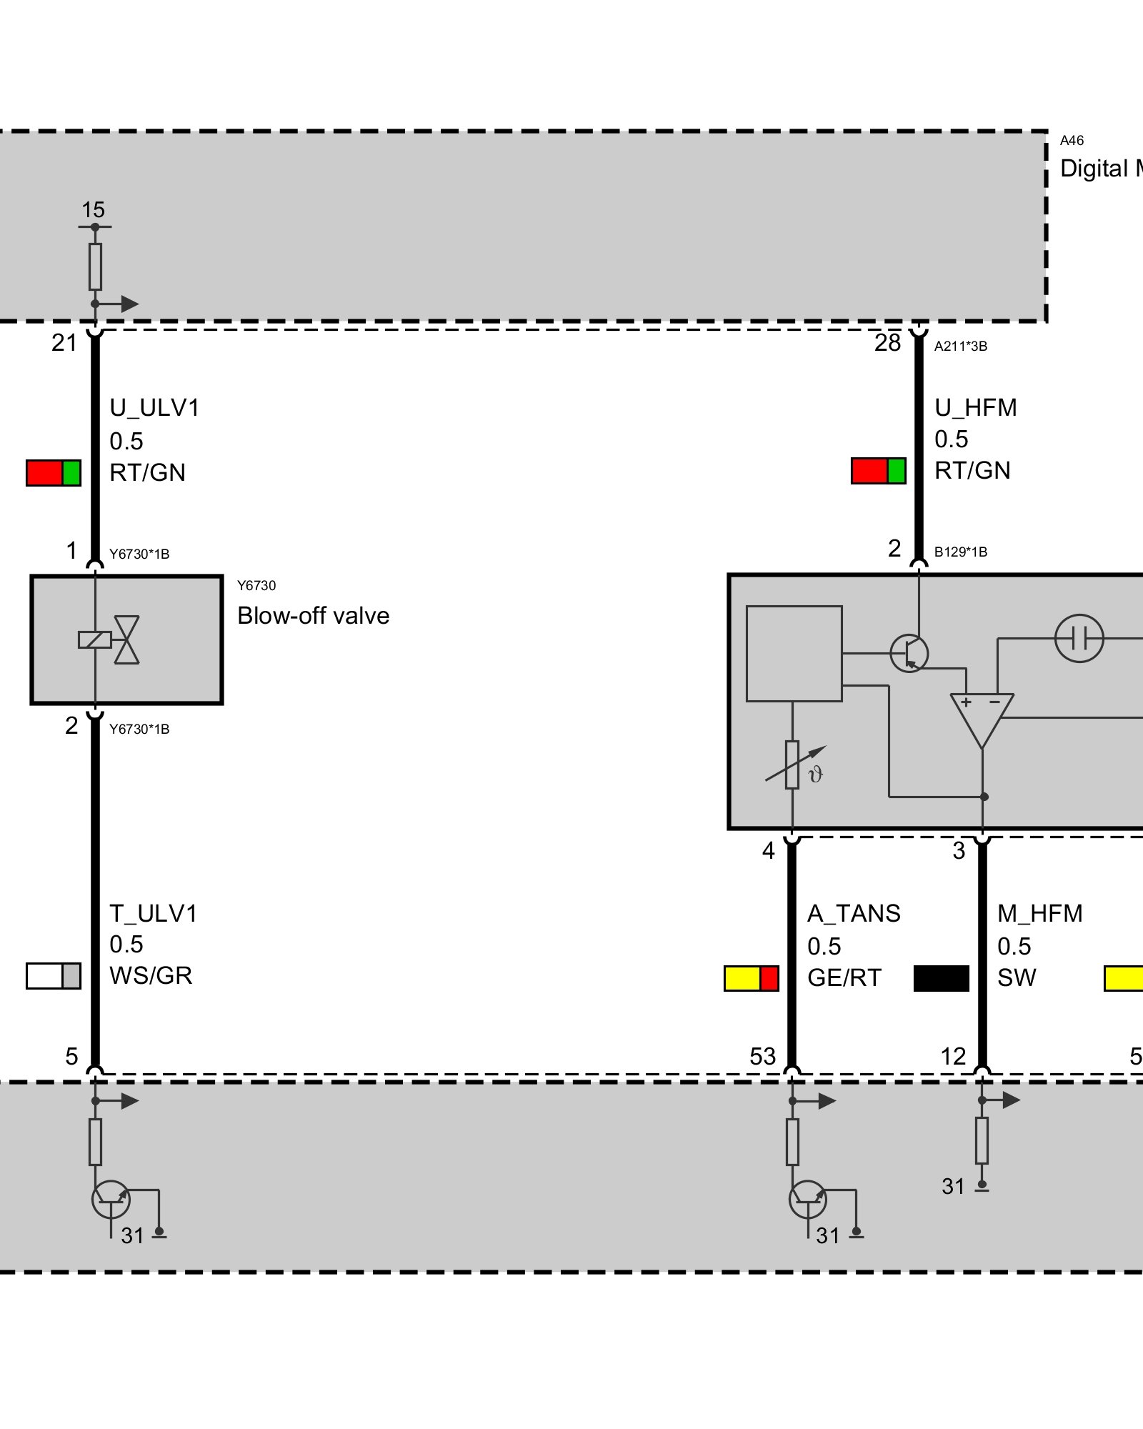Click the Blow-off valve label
click(313, 616)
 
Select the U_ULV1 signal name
click(154, 408)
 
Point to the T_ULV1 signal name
click(154, 914)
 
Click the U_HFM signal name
click(976, 408)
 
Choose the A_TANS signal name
click(854, 914)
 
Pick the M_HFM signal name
click(1040, 914)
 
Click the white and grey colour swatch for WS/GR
click(54, 976)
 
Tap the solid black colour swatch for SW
click(942, 978)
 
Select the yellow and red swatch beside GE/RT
click(752, 978)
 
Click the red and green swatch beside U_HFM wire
click(879, 472)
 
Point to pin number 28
click(888, 343)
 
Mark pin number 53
click(763, 1057)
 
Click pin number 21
click(64, 343)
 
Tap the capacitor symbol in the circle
click(1079, 638)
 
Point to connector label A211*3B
click(961, 347)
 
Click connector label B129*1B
click(961, 552)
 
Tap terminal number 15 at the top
click(93, 210)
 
